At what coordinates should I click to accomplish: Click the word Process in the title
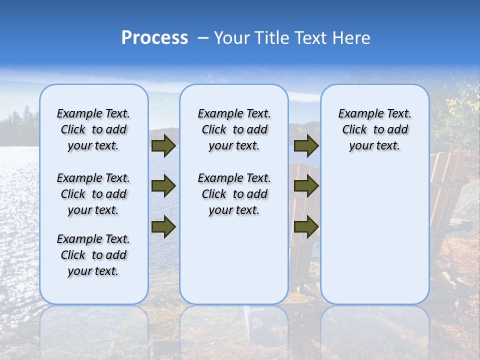tap(154, 38)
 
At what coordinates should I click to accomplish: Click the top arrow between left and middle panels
tap(163, 145)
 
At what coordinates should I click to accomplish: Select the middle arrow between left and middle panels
tap(163, 186)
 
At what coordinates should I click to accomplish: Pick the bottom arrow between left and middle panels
tap(163, 227)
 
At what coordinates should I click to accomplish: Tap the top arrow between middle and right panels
tap(306, 145)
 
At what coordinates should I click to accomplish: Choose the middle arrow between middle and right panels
tap(306, 186)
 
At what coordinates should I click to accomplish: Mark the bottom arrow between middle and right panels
tap(306, 227)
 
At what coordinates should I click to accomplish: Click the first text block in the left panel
tap(93, 129)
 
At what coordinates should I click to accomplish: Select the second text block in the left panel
tap(93, 194)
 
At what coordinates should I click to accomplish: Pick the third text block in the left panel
tap(93, 255)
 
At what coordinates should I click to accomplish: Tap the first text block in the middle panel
tap(234, 129)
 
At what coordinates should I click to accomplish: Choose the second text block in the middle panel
tap(234, 194)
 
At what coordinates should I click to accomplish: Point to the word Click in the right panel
tap(354, 130)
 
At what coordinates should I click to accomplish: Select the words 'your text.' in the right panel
tap(374, 146)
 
